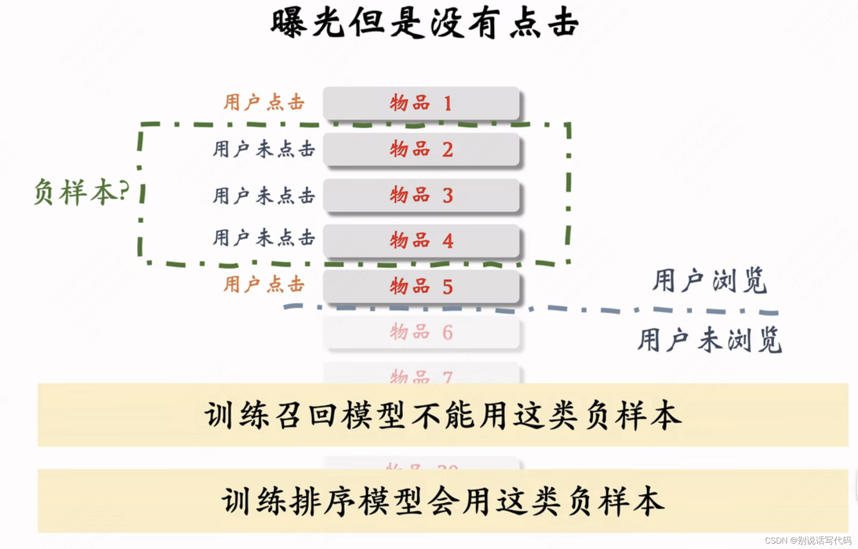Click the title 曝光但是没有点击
click(x=424, y=23)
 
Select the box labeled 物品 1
click(x=421, y=103)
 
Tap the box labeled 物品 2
click(x=421, y=149)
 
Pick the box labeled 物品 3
click(x=421, y=195)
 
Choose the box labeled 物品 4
click(x=421, y=241)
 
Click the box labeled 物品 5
click(x=421, y=287)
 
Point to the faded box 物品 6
click(x=421, y=332)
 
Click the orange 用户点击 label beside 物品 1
click(x=264, y=102)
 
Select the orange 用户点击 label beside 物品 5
click(x=264, y=284)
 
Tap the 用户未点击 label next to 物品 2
click(x=264, y=149)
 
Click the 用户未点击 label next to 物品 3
click(x=264, y=196)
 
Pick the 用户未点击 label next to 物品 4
click(x=264, y=238)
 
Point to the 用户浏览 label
click(x=709, y=280)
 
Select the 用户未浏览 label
click(x=709, y=340)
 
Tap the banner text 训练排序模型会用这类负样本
click(x=443, y=501)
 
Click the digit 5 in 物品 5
click(x=448, y=287)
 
